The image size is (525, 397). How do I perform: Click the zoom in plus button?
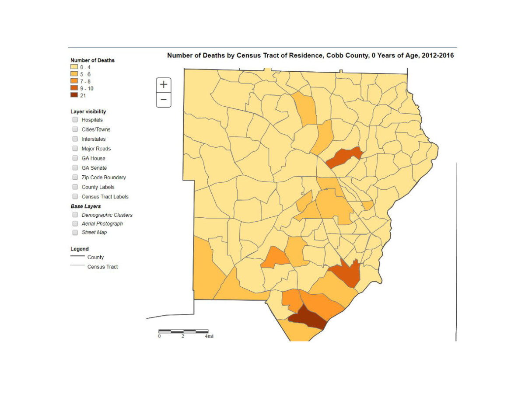[164, 85]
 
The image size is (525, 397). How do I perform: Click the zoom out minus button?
[164, 100]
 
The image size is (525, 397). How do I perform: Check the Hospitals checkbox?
[75, 120]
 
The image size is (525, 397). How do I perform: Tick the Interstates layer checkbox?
[75, 139]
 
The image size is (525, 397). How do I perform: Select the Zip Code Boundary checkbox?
[75, 178]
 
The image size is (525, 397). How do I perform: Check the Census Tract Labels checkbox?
[75, 197]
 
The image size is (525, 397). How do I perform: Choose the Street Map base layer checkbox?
[75, 233]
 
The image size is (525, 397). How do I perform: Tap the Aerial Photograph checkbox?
[75, 224]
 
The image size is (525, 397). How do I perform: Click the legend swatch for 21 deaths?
[74, 96]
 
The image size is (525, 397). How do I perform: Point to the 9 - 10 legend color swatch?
[74, 89]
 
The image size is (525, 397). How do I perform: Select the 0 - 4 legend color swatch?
[74, 67]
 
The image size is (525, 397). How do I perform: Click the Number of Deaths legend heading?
[92, 60]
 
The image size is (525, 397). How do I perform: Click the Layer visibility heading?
[88, 111]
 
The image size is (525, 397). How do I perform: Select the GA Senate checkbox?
[75, 168]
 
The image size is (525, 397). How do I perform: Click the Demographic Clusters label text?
[107, 215]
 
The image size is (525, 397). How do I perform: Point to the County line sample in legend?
[77, 257]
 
